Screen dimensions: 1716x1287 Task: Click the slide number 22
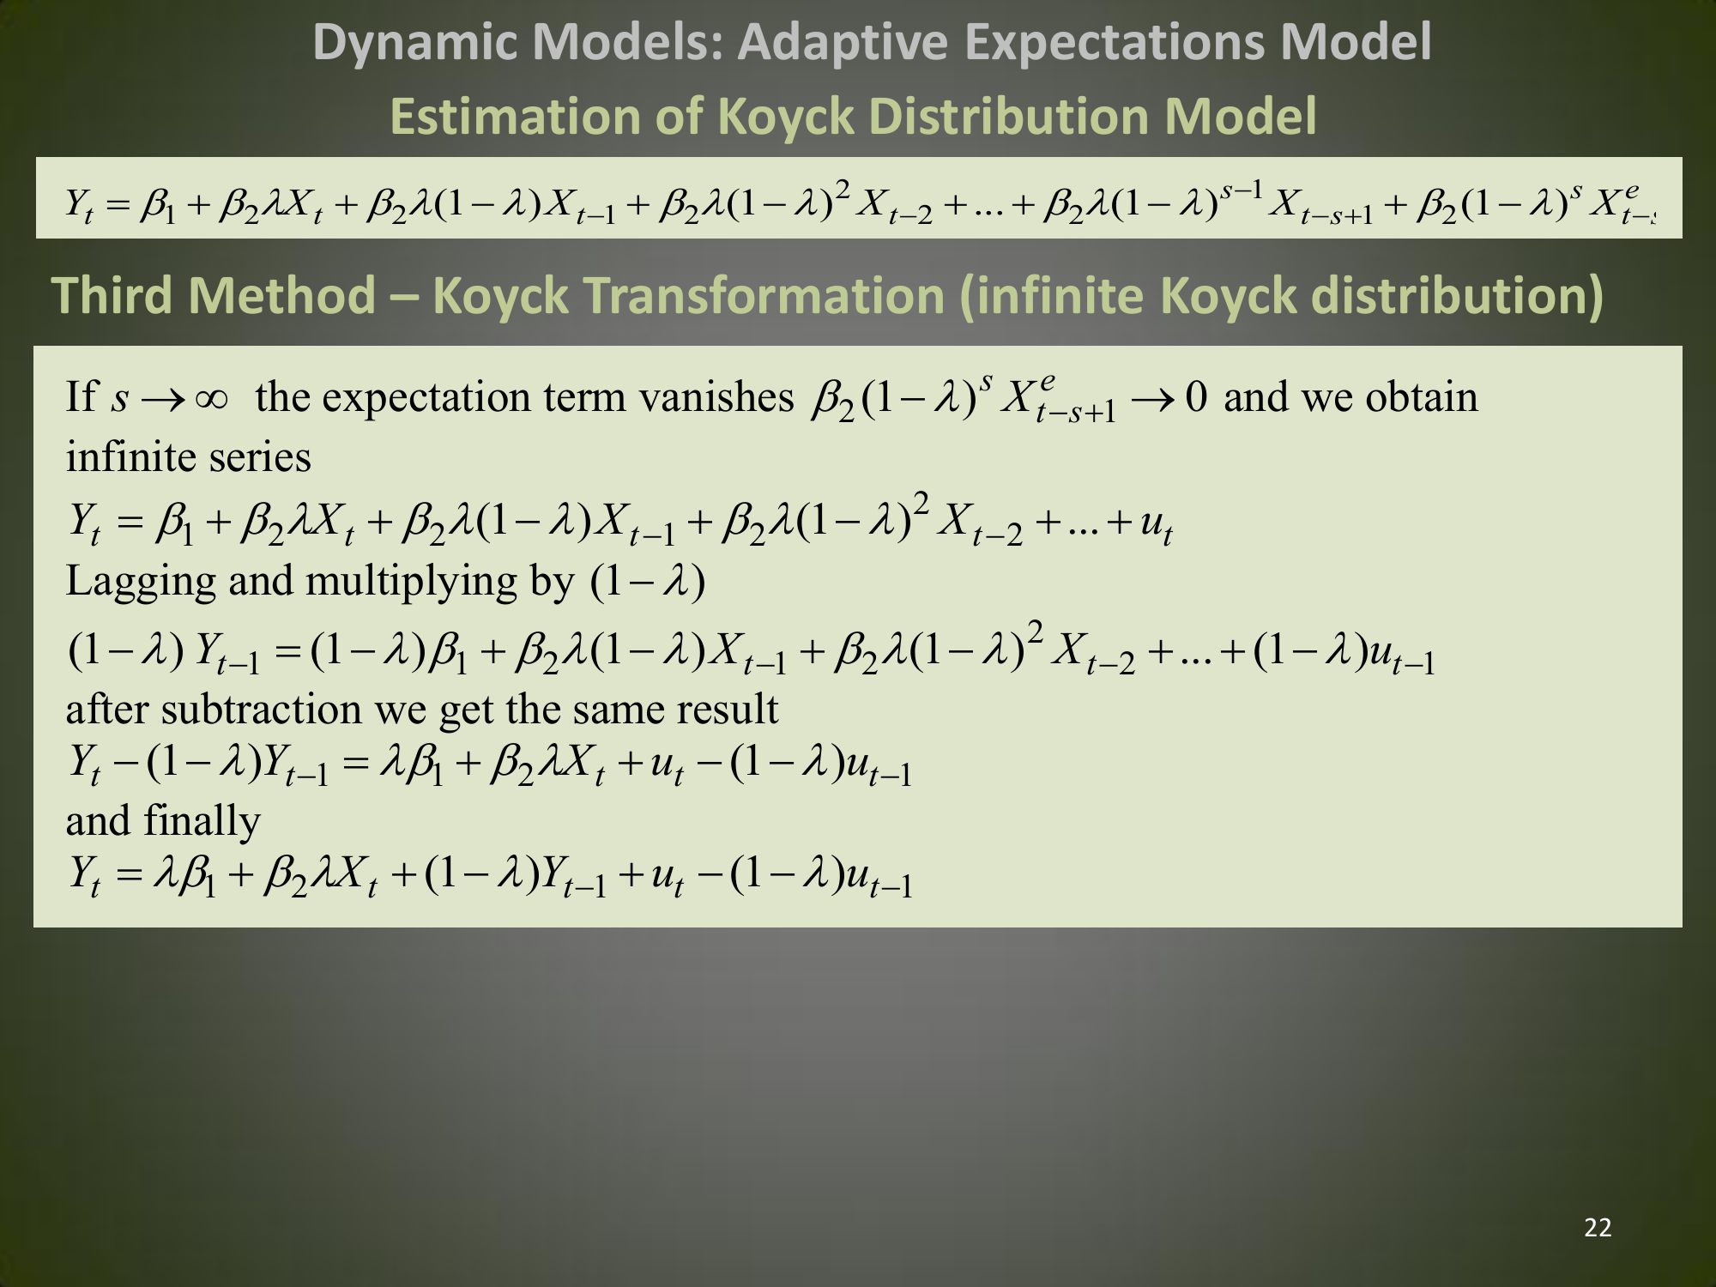pos(1598,1228)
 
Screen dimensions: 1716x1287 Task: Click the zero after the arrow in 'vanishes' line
pos(1196,397)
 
